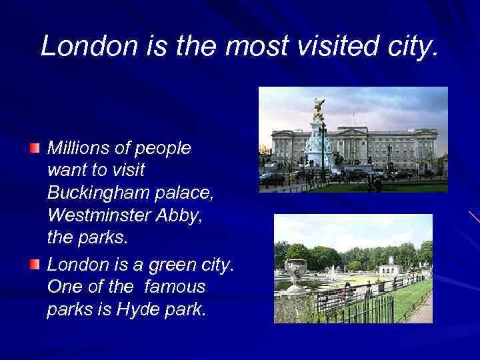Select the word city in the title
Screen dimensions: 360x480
[411, 45]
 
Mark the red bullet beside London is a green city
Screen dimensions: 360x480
[35, 265]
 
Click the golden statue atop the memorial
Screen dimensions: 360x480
[319, 107]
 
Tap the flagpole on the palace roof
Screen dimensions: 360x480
[353, 119]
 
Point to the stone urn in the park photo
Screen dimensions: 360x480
[295, 271]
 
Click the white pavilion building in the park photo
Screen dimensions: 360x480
[390, 267]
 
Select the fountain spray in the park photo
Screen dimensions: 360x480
[331, 272]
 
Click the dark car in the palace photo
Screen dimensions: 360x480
[272, 179]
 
